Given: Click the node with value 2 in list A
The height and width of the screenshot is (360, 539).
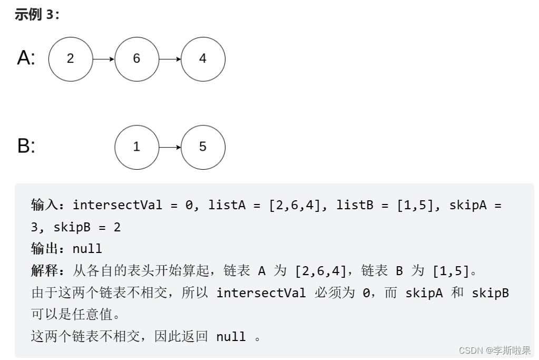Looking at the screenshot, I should point(71,59).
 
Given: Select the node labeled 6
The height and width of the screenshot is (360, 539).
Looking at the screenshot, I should point(136,59).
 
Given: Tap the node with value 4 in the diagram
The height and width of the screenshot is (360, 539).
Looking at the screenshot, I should point(203,59).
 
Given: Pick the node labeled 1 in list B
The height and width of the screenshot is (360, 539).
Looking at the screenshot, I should point(136,147).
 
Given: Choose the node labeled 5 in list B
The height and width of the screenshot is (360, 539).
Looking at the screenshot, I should point(203,147).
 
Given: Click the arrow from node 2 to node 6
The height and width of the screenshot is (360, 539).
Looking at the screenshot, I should point(103,59).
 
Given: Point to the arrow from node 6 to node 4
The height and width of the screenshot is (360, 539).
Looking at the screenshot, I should point(170,59).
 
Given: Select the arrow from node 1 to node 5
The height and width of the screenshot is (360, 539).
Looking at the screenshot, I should point(170,147).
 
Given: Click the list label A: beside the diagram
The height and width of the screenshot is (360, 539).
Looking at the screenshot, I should point(26,58).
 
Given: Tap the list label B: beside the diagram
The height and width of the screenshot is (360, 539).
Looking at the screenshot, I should point(26,146).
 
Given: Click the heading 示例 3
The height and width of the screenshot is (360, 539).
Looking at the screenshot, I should point(37,14).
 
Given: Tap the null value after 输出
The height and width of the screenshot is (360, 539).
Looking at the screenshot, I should point(87,249).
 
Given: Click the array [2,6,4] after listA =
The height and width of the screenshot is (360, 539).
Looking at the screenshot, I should point(295,205).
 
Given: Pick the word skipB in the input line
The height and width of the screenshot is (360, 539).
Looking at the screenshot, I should point(72,227).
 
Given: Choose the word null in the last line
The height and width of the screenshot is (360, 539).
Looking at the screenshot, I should point(231,337).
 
